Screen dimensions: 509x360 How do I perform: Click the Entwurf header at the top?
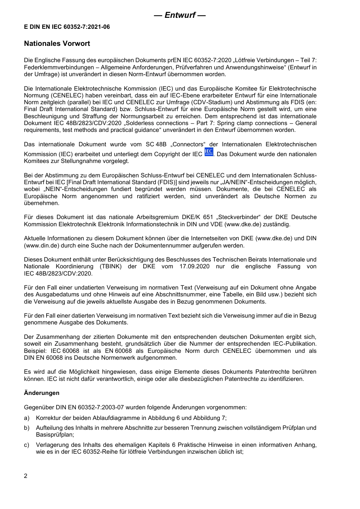180,15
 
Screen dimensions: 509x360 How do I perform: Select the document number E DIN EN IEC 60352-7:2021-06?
67,27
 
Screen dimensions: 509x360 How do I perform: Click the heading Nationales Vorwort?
57,44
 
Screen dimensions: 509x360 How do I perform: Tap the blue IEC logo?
208,152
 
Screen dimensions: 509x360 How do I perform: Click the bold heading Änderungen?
42,393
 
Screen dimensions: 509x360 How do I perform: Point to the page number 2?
26,476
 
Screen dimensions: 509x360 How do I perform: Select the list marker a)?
27,418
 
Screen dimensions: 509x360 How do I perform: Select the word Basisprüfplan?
54,435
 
